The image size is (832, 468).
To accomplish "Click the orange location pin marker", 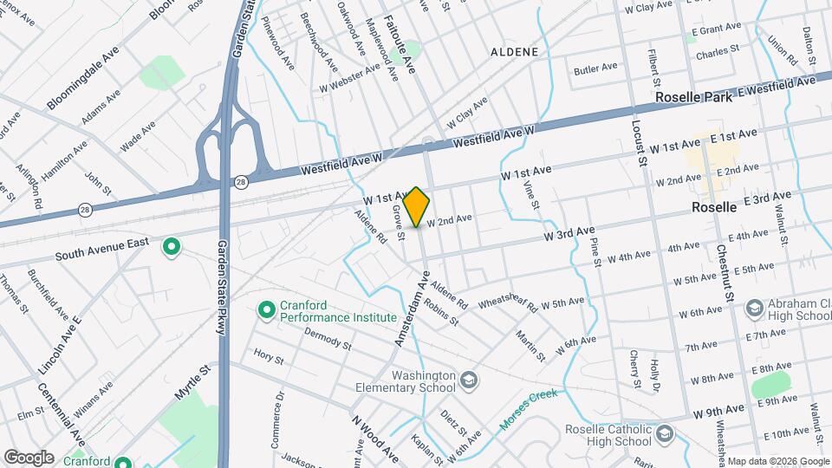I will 417,207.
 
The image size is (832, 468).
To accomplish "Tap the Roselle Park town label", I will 693,97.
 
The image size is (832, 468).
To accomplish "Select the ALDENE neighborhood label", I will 514,52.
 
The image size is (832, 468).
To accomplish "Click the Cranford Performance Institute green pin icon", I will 267,309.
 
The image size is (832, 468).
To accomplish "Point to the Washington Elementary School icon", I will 469,380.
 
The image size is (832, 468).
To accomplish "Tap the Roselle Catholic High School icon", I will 664,433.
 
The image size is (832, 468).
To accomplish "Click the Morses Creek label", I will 529,413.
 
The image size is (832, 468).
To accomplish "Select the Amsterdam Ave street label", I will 413,309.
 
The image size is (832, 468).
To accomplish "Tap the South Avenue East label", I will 102,249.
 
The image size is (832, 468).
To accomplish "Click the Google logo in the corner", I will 29,457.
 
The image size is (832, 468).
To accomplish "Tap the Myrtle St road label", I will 192,381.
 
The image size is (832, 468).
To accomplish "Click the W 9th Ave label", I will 718,409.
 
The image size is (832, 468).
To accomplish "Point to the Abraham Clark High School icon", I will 754,308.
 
